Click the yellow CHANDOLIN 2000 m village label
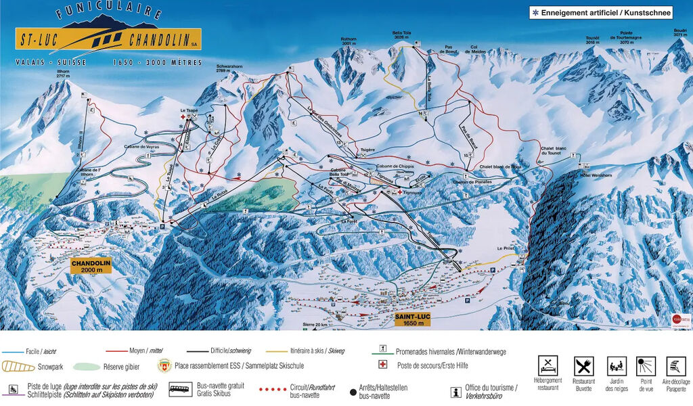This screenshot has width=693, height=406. pyautogui.click(x=91, y=265)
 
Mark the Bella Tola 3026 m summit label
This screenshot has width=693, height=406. pyautogui.click(x=401, y=35)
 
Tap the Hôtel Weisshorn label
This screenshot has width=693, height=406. pyautogui.click(x=590, y=174)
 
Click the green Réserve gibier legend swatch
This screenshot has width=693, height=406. pyautogui.click(x=86, y=366)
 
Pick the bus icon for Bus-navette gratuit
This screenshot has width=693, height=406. pyautogui.click(x=179, y=389)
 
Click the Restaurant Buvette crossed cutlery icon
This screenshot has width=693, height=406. pyautogui.click(x=583, y=366)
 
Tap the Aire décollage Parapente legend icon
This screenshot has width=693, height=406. pyautogui.click(x=675, y=366)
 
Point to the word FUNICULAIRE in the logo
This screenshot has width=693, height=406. pyautogui.click(x=108, y=12)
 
